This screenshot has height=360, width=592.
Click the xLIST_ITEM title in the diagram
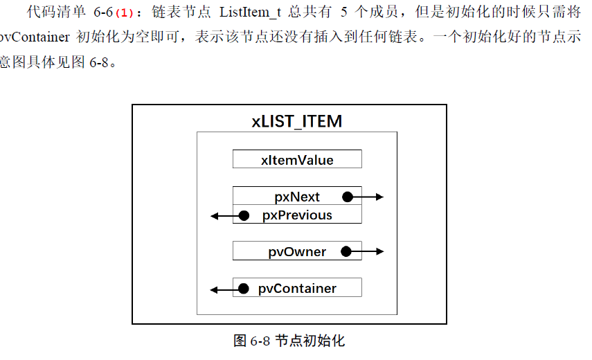[296, 121]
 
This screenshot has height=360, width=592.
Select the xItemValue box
[297, 160]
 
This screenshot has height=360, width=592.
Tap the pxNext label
[297, 197]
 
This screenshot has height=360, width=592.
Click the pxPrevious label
[297, 215]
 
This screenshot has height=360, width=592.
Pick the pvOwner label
[297, 252]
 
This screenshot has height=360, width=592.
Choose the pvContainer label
[297, 289]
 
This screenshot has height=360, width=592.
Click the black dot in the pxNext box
[348, 197]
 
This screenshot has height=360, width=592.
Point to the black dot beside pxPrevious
[243, 215]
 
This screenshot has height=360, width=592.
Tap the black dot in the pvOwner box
[348, 251]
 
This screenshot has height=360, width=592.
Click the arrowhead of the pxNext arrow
[379, 197]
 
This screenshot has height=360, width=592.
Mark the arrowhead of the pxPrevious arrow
[215, 216]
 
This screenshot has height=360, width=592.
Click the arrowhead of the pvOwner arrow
[379, 251]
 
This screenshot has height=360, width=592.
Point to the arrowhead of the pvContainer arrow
[215, 289]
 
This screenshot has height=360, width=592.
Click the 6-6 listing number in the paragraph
[102, 14]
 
